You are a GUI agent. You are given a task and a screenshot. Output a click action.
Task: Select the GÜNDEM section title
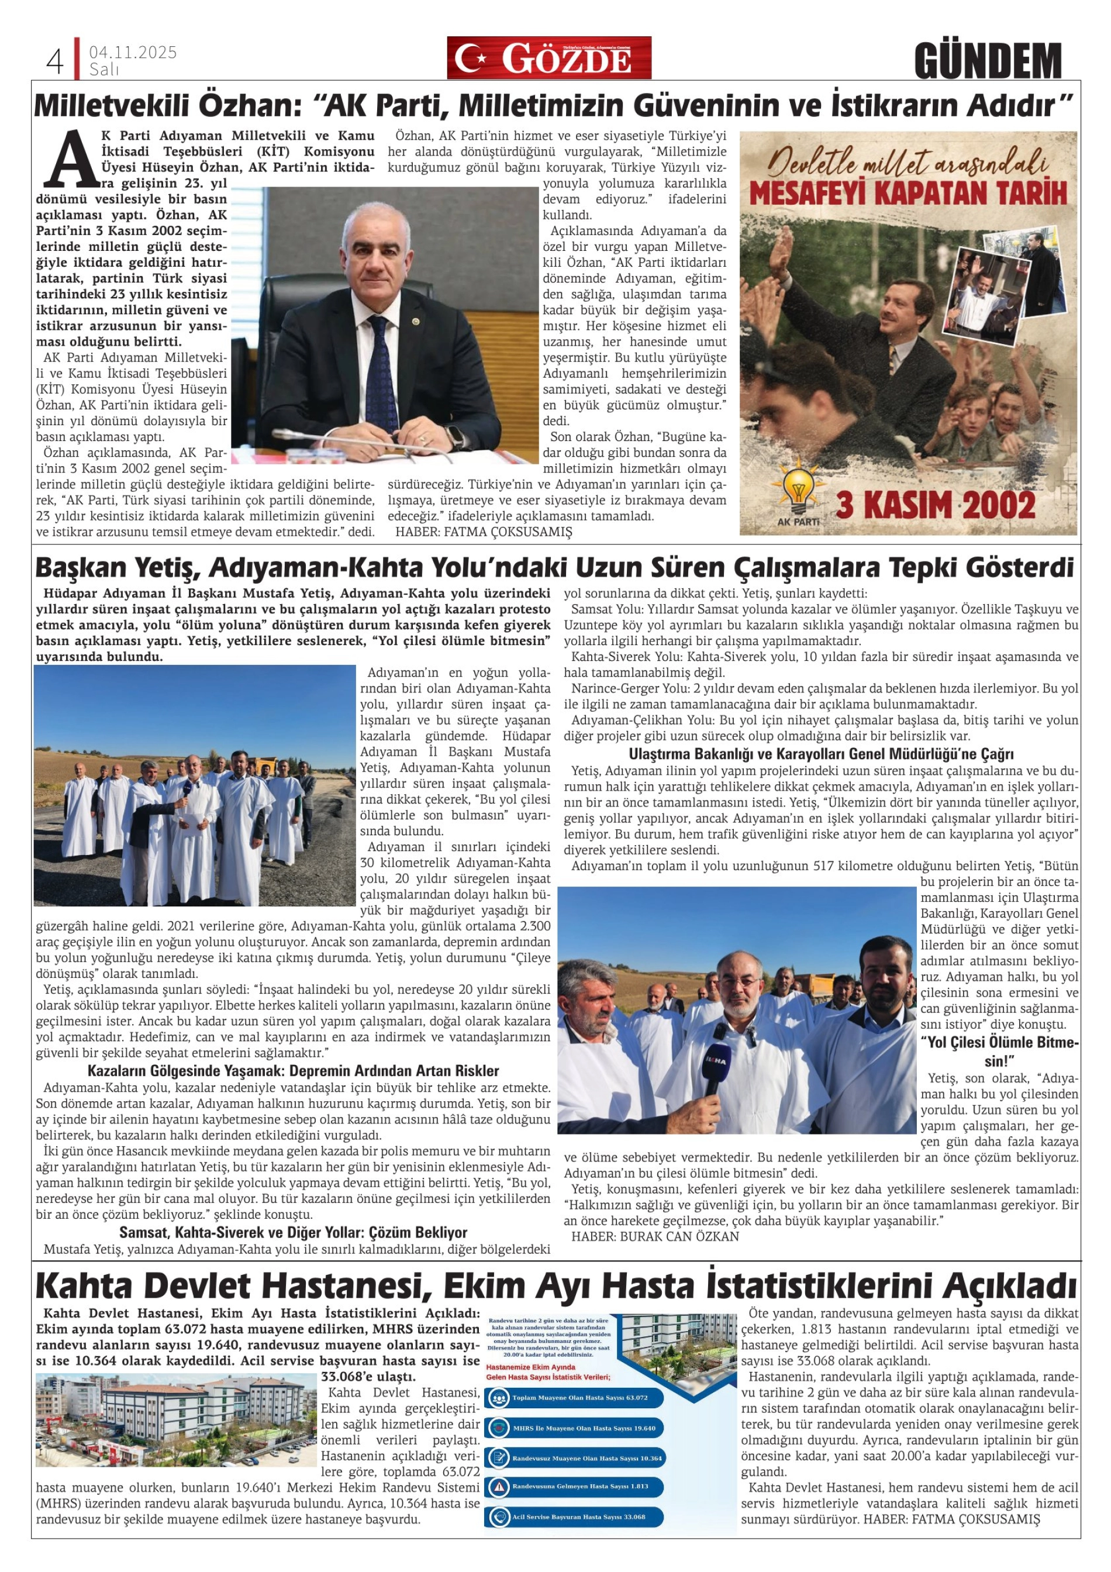click(988, 61)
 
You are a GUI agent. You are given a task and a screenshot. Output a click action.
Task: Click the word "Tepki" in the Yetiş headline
click(925, 568)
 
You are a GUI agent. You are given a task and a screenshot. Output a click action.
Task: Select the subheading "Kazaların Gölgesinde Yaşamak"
click(292, 1071)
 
